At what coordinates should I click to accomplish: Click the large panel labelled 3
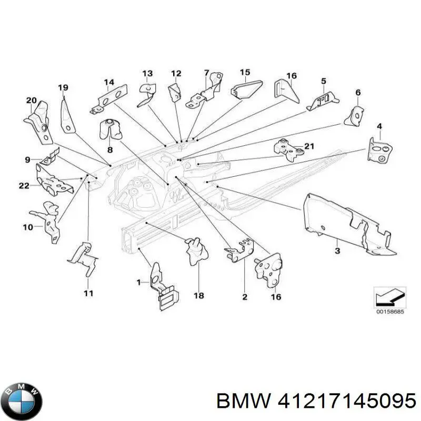347,221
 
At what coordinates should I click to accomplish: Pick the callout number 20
32,101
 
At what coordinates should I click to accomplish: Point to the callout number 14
109,82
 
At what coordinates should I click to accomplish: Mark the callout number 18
199,296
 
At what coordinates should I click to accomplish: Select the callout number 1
139,283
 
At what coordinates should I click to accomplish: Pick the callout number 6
358,93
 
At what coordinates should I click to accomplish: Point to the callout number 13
147,73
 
